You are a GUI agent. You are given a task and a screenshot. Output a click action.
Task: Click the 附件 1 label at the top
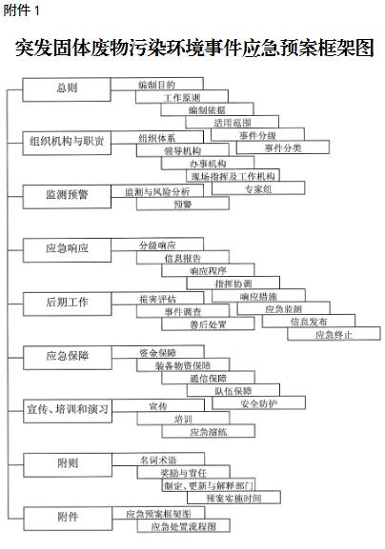tap(21, 10)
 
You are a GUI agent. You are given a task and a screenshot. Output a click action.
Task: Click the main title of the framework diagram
tap(194, 48)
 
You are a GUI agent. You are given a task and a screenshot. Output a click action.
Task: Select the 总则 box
tap(67, 89)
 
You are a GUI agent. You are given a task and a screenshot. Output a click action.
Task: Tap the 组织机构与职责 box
tap(67, 144)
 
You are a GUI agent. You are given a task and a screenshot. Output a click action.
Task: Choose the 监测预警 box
tap(67, 197)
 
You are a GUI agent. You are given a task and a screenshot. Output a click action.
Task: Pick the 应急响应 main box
tap(67, 250)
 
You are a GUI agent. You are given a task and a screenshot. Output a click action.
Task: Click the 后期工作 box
tap(68, 304)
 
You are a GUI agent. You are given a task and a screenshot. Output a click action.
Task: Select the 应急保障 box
tap(68, 358)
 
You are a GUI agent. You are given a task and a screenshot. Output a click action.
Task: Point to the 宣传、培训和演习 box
tap(68, 411)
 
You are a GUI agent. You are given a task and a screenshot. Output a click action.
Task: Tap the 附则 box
tap(68, 465)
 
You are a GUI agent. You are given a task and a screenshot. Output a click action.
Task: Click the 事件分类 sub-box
tap(283, 147)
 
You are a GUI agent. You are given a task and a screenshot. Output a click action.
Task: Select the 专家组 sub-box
tap(258, 188)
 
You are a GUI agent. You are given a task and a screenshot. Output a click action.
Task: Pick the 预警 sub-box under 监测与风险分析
tap(183, 204)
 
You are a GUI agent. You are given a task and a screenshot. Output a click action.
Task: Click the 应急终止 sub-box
tap(334, 334)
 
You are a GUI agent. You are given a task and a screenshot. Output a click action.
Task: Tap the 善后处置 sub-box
tap(209, 324)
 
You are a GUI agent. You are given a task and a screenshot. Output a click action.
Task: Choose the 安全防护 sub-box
tap(259, 403)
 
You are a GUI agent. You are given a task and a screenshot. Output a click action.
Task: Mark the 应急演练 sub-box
tap(209, 431)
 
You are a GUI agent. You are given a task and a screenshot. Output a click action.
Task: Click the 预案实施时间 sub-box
tap(233, 498)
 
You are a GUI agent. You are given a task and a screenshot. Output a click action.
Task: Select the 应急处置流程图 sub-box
tap(184, 526)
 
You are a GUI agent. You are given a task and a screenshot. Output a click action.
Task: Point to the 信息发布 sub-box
tap(309, 321)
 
